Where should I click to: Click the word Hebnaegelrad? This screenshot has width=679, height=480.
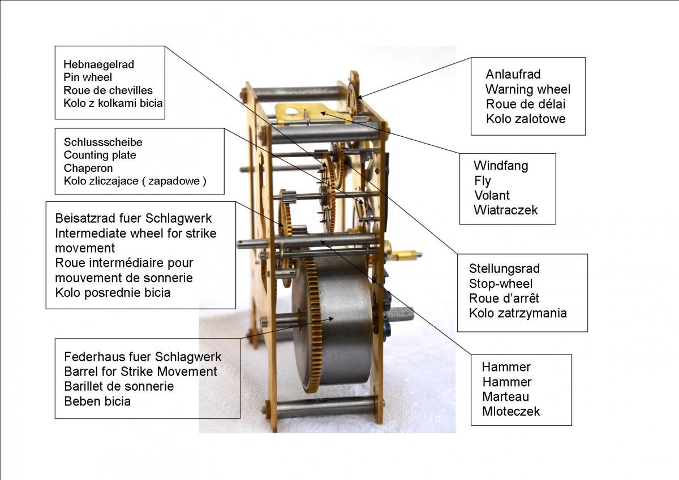[x=98, y=64]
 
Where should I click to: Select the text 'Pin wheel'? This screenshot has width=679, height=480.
[x=88, y=77]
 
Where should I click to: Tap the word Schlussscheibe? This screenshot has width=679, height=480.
[x=103, y=142]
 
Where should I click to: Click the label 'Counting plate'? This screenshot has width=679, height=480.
[x=100, y=155]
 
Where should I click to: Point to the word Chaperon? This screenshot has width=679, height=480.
[x=88, y=168]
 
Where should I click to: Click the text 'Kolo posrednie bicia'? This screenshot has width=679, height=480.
[x=113, y=293]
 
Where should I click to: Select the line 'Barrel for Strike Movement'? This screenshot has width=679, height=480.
[x=140, y=371]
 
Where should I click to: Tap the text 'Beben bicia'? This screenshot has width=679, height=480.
[x=97, y=401]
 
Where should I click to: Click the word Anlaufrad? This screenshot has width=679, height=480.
[x=513, y=74]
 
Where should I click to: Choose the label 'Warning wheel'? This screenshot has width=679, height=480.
[x=528, y=89]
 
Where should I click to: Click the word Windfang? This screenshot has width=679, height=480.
[x=501, y=166]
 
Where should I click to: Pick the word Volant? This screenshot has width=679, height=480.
[x=492, y=195]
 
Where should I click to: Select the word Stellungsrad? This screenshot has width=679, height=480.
[x=504, y=269]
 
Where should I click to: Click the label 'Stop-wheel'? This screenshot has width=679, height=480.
[x=501, y=284]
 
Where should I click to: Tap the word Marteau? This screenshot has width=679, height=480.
[x=506, y=397]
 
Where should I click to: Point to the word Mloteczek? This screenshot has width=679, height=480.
[x=511, y=412]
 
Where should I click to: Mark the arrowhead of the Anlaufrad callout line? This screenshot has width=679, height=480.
[x=359, y=97]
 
